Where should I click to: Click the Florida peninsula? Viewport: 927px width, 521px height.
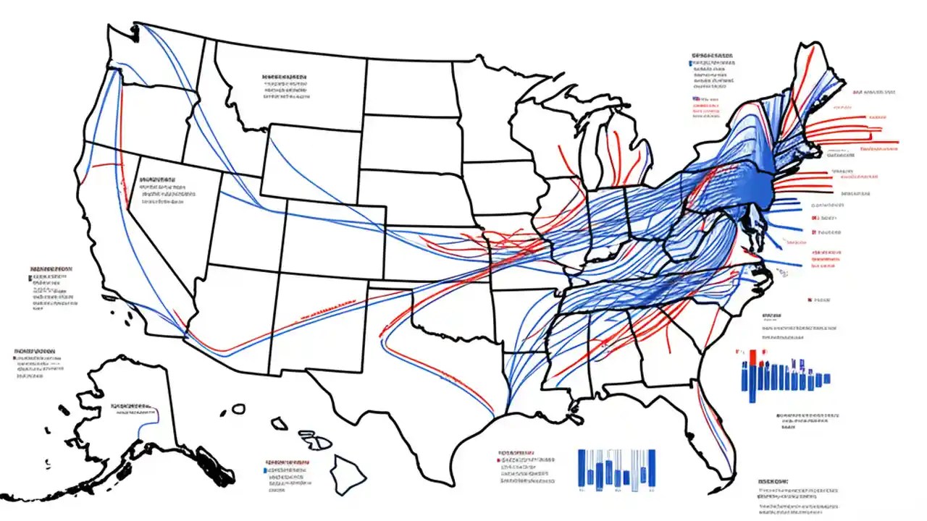click(713, 427)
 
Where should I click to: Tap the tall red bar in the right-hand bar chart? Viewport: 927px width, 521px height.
click(754, 357)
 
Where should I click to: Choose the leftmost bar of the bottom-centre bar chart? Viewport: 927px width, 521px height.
click(582, 467)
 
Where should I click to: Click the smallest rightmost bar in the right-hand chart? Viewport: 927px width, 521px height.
click(827, 378)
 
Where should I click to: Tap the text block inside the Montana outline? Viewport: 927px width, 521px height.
click(284, 85)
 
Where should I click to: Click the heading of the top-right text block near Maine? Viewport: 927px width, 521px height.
click(712, 55)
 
